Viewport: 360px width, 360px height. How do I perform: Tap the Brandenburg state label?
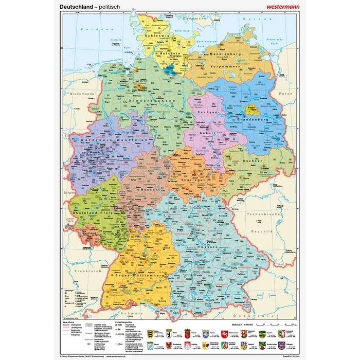click(249, 119)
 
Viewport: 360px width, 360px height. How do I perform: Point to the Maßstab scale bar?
click(267, 326)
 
